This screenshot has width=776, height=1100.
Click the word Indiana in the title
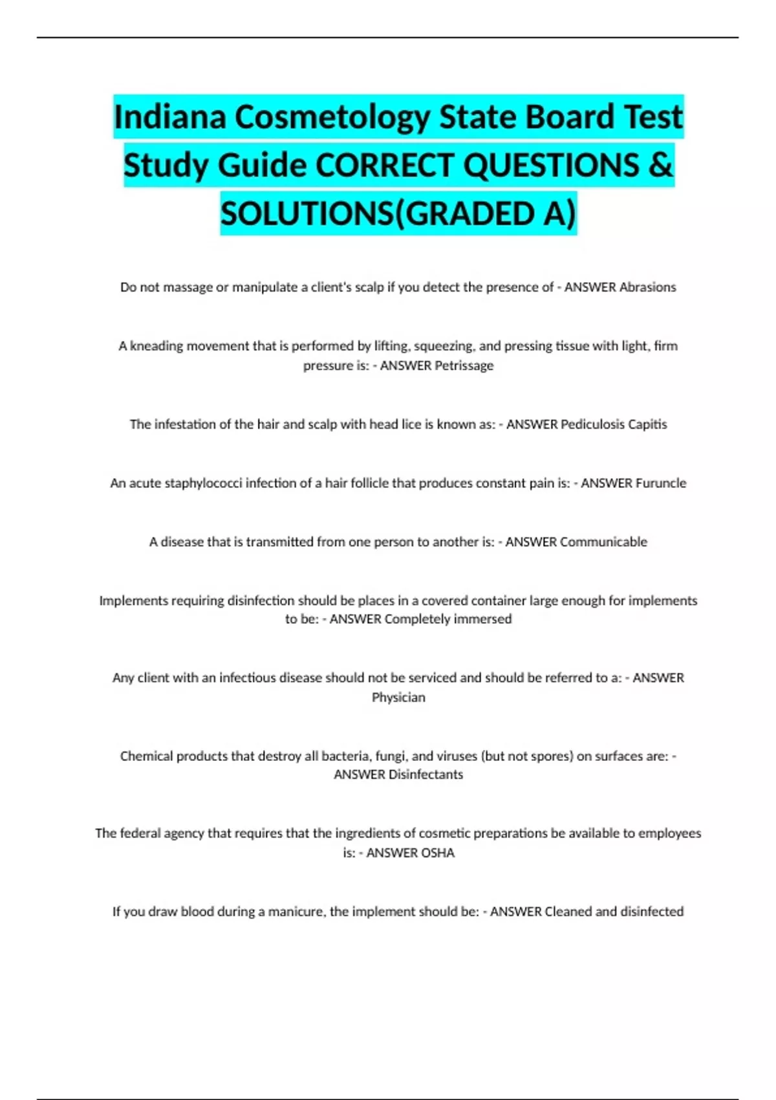tap(170, 117)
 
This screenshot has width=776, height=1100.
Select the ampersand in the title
tap(660, 165)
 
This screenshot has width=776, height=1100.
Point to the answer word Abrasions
tap(647, 287)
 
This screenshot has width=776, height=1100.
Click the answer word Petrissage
tap(464, 366)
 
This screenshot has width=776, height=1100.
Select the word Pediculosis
tap(592, 424)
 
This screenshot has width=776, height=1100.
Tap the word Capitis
tap(647, 424)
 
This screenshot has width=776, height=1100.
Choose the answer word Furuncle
tap(660, 483)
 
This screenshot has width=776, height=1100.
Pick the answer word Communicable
tap(603, 542)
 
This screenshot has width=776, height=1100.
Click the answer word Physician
tap(398, 698)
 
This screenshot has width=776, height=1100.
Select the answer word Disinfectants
tap(426, 775)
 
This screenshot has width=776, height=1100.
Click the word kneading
tap(156, 346)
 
